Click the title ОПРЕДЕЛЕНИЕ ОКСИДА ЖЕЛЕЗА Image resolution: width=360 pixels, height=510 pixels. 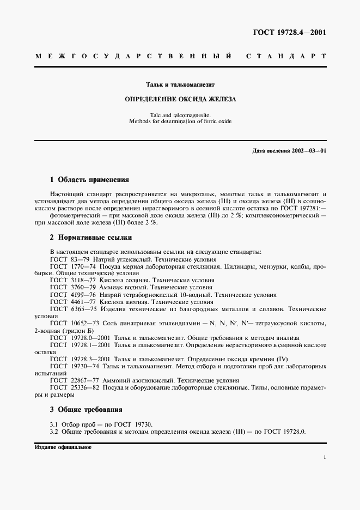tap(180, 100)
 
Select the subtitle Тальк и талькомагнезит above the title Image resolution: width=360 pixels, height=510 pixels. tap(180, 85)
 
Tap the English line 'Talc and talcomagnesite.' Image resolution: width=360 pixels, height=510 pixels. tap(180, 114)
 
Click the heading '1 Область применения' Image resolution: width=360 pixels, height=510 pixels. tap(89, 179)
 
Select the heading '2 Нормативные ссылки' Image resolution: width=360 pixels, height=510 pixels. tap(90, 238)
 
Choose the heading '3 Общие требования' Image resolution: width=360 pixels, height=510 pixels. tap(86, 409)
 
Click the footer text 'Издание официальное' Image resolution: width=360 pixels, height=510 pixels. tap(63, 447)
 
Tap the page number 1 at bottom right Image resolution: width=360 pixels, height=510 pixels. tap(325, 459)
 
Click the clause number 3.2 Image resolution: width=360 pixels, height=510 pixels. tap(54, 432)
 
